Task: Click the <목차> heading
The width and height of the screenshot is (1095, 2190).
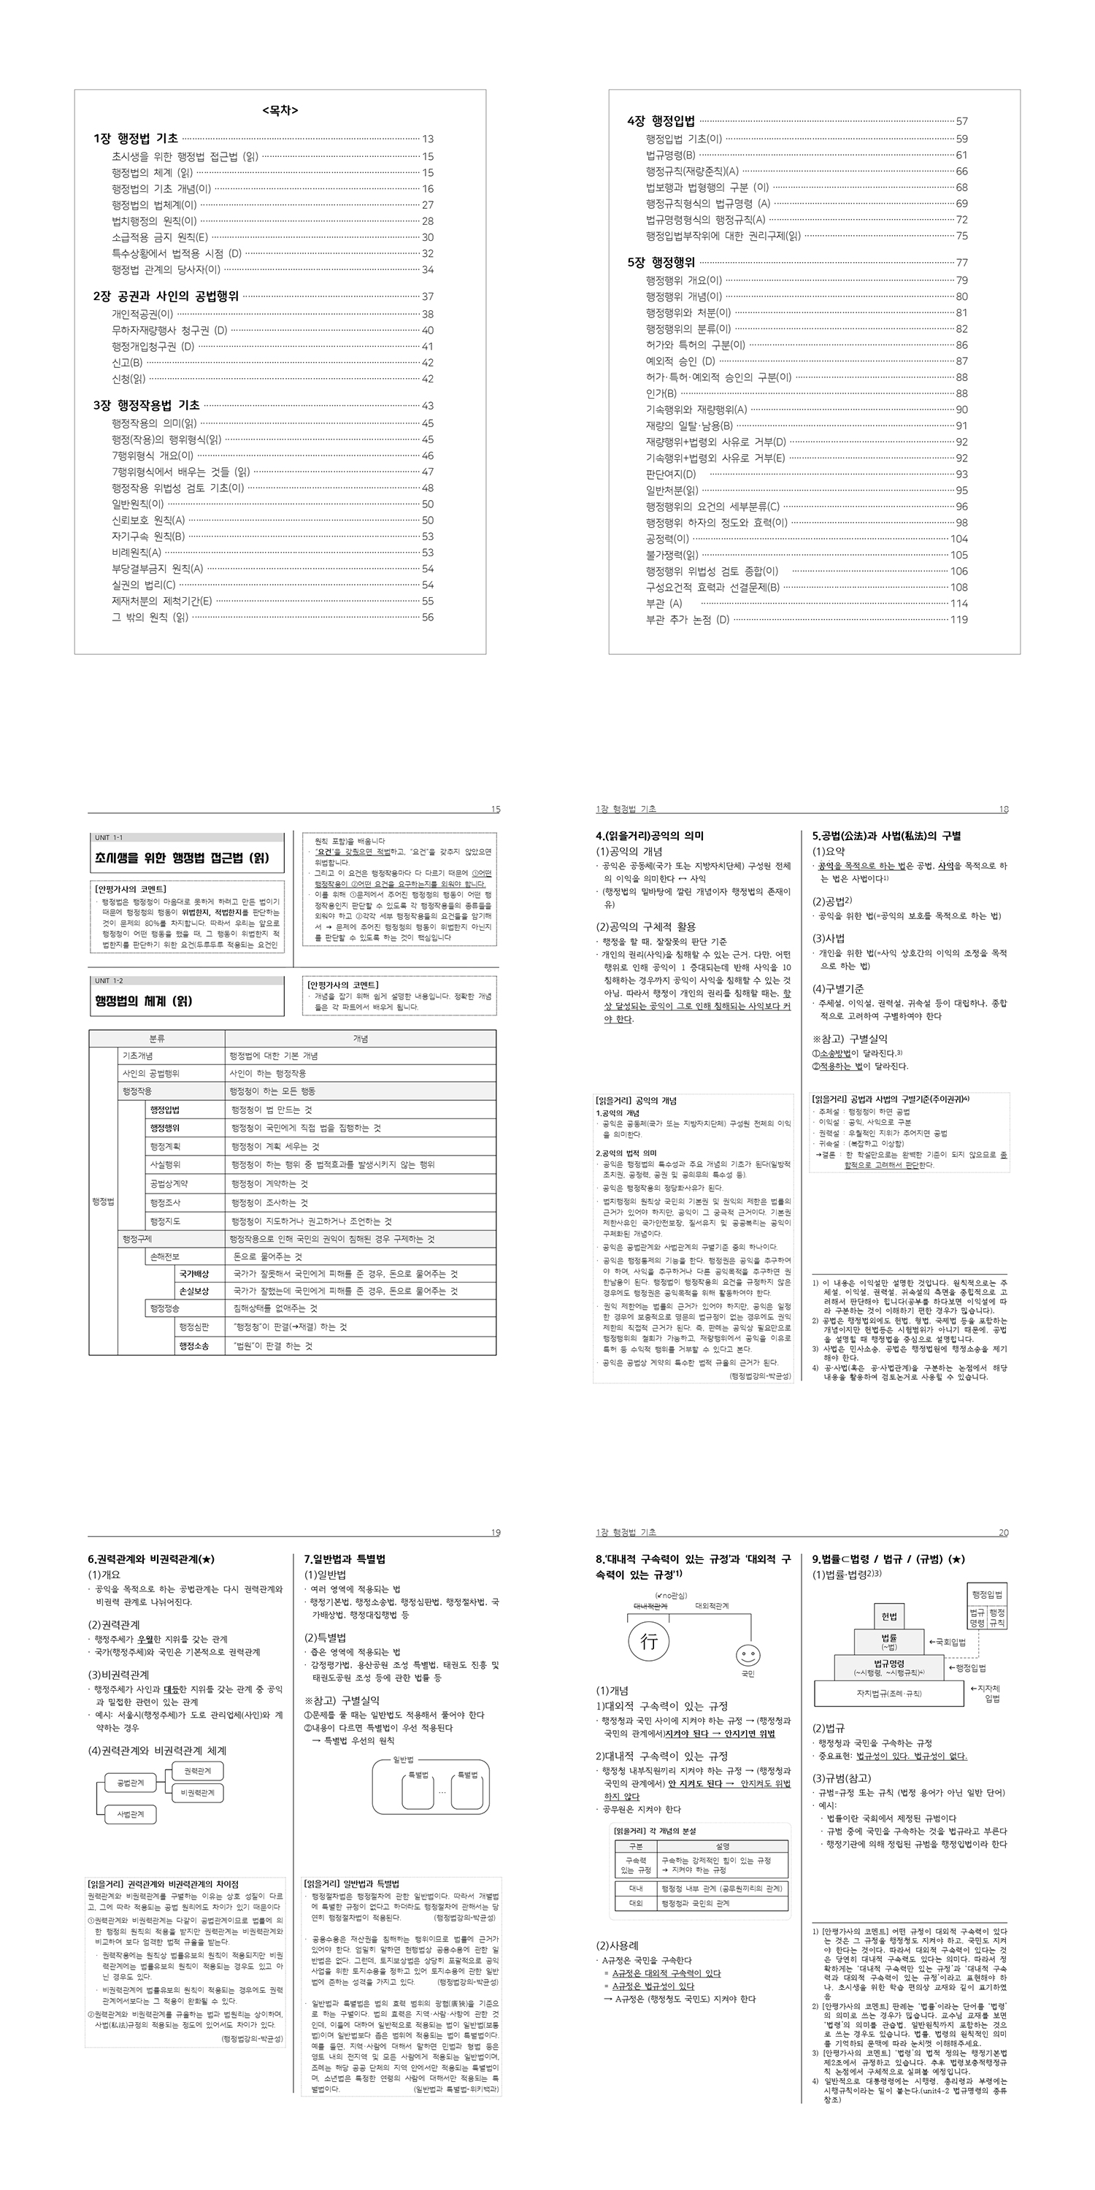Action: click(x=280, y=110)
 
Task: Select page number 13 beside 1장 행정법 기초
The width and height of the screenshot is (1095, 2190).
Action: click(x=428, y=139)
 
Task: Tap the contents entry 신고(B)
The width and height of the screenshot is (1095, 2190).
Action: click(x=127, y=363)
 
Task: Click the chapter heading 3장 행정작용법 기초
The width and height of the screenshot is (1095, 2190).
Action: click(x=146, y=406)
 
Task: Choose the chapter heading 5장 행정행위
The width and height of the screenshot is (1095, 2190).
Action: click(x=661, y=263)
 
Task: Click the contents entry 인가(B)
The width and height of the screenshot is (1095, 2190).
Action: click(x=661, y=393)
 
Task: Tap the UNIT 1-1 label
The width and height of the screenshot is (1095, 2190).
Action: click(x=109, y=838)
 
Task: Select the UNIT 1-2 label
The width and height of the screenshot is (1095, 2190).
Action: click(x=109, y=981)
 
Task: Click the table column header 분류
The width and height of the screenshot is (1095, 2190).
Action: click(x=157, y=1039)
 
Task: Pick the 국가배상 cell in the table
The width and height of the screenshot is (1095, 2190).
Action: click(x=193, y=1275)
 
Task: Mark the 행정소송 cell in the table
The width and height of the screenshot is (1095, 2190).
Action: click(x=193, y=1347)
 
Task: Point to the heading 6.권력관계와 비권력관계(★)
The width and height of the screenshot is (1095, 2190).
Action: click(x=151, y=1560)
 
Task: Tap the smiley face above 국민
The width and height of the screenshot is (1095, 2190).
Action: click(x=748, y=1655)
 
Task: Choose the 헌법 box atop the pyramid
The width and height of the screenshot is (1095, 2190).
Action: click(x=889, y=1617)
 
